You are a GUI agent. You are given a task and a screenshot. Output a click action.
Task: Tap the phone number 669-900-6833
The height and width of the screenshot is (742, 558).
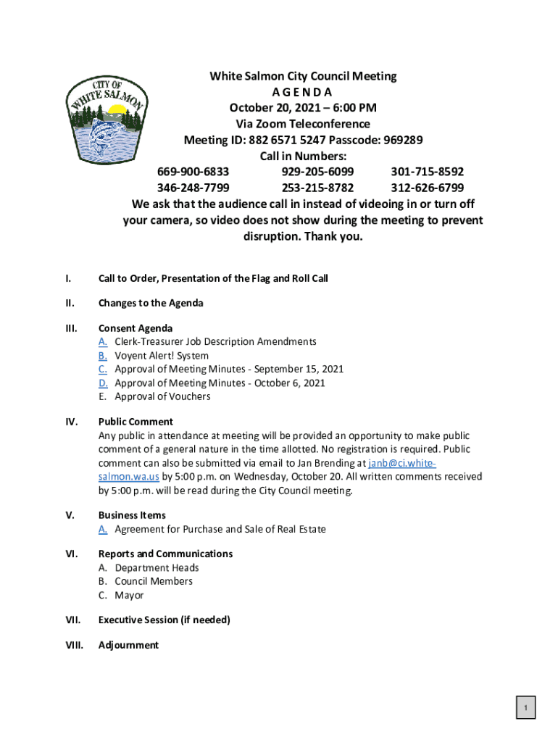[x=193, y=172]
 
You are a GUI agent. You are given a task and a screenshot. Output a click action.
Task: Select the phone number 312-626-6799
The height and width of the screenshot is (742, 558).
[x=428, y=188]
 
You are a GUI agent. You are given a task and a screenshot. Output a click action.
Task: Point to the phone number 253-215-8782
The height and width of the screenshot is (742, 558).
[x=317, y=188]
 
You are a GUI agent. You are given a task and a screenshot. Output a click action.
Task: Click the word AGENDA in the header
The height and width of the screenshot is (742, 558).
[x=302, y=92]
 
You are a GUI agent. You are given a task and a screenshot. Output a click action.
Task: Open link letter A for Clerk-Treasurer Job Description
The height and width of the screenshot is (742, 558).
[x=104, y=341]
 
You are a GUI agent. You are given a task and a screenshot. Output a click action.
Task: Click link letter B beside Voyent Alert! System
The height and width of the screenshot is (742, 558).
[x=103, y=356]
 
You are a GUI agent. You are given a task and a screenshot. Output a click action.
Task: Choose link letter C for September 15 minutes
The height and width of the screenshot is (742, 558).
[x=103, y=369]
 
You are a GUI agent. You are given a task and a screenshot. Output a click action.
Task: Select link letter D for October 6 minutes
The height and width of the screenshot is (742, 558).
[x=104, y=383]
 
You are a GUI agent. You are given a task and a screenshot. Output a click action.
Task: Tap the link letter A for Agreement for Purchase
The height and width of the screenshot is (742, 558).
[x=104, y=529]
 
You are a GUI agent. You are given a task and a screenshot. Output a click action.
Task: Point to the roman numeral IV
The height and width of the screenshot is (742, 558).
[x=70, y=422]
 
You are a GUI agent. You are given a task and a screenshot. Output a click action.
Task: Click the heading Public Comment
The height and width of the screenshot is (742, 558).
[x=136, y=422]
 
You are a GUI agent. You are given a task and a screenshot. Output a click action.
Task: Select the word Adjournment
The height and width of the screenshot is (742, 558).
[x=128, y=645]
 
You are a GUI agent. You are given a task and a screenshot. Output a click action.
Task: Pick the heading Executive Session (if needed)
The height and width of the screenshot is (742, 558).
[x=164, y=620]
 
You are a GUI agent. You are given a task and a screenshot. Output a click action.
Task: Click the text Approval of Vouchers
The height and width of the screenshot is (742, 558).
[x=162, y=396]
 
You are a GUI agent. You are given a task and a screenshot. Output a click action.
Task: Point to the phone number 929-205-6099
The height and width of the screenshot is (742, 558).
[x=317, y=172]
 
